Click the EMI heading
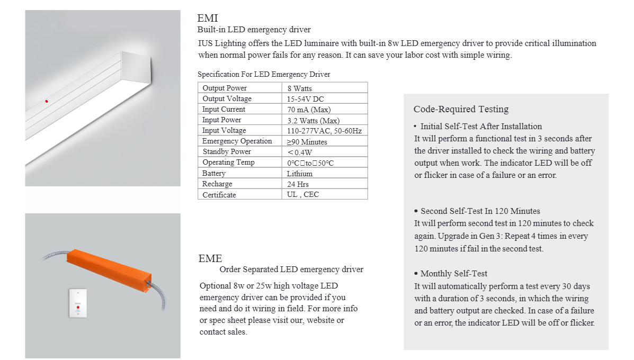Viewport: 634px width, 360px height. tap(208, 19)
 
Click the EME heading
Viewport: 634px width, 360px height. tap(210, 258)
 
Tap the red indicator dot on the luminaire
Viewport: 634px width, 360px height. tap(47, 101)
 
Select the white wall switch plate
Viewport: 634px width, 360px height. tap(78, 303)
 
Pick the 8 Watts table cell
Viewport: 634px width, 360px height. tap(300, 88)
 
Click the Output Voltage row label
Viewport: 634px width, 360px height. tap(227, 99)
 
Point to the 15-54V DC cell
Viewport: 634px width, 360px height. tap(306, 99)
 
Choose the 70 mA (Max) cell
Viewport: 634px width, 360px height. tap(309, 110)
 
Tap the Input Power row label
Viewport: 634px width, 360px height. tap(221, 120)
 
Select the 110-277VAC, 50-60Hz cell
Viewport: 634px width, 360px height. tap(324, 131)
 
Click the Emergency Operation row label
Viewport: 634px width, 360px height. tap(237, 141)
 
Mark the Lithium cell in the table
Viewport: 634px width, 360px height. tap(300, 174)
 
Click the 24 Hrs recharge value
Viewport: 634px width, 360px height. tap(299, 184)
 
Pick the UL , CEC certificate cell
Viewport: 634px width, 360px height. tap(303, 195)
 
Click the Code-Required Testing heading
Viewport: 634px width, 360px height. tap(461, 109)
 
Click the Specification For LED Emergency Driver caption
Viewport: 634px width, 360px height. tap(264, 75)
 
